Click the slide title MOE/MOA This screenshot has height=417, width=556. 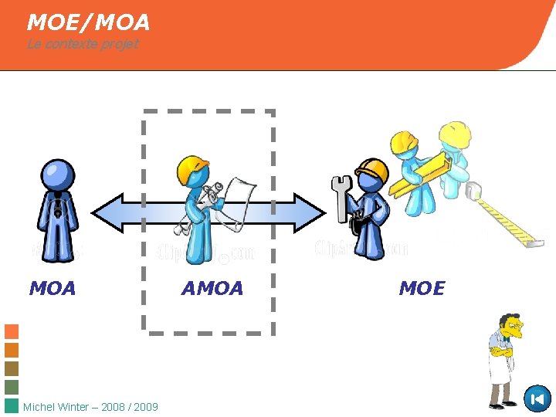click(88, 22)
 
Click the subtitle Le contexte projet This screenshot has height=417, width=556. click(83, 44)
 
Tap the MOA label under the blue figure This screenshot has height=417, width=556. click(53, 289)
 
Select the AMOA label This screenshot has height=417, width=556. click(212, 289)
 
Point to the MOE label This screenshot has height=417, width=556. click(422, 289)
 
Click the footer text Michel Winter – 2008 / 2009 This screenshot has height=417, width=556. click(91, 407)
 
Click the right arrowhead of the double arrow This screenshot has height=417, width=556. click(309, 212)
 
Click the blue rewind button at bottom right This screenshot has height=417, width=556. click(537, 398)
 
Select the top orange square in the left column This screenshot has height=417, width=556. click(12, 331)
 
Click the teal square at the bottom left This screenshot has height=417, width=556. click(12, 406)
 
